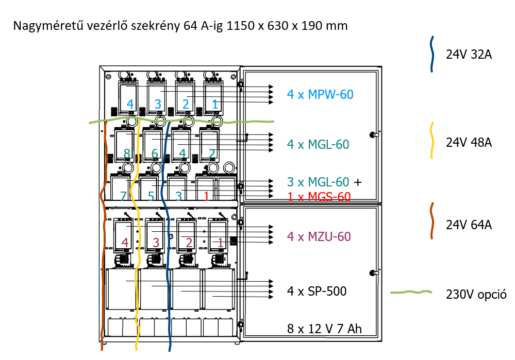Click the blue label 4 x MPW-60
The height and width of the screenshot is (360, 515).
click(x=320, y=94)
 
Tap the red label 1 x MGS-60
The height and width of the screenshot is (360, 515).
click(x=319, y=196)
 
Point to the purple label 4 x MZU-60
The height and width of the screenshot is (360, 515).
click(x=319, y=237)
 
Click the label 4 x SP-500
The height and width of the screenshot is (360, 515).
click(x=317, y=291)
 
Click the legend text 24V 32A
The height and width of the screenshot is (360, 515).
click(x=469, y=54)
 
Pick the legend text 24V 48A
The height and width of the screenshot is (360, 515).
click(x=469, y=143)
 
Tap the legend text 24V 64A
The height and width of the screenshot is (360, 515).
click(x=469, y=225)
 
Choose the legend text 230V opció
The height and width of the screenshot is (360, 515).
click(x=476, y=295)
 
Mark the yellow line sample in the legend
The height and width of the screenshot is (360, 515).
click(x=432, y=141)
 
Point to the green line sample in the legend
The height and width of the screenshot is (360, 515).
click(x=411, y=293)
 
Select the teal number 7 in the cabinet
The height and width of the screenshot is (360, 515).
click(x=123, y=196)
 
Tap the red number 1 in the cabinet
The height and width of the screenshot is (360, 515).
click(x=206, y=196)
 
